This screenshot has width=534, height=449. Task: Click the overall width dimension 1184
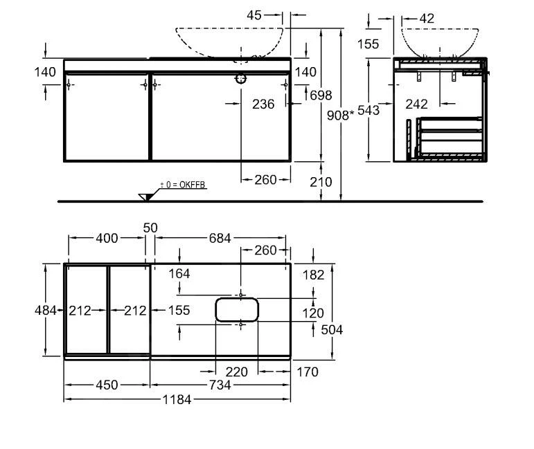(x=177, y=400)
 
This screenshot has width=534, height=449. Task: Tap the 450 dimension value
(x=107, y=385)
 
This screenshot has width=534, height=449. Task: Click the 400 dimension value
(x=106, y=239)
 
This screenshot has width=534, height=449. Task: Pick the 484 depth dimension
(x=46, y=311)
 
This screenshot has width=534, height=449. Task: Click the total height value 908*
(x=340, y=116)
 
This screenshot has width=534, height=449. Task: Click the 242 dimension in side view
(x=416, y=104)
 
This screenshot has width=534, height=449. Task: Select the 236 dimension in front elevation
(x=263, y=104)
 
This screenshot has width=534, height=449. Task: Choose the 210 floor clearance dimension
(x=321, y=183)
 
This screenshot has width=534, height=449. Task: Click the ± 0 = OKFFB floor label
(x=184, y=184)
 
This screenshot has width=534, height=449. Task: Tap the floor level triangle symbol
(x=146, y=196)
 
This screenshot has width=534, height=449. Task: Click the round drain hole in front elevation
(x=240, y=79)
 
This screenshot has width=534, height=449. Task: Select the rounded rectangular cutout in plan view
(x=237, y=309)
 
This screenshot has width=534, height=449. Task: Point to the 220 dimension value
(x=237, y=372)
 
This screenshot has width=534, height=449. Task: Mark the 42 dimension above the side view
(x=427, y=19)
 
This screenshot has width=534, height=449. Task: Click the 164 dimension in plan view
(x=179, y=273)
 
